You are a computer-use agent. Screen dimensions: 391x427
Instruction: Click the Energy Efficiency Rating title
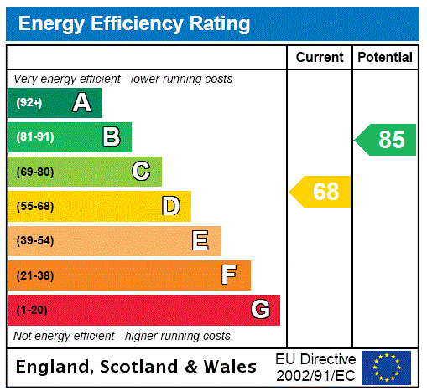click(134, 23)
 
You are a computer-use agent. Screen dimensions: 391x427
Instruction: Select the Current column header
click(320, 57)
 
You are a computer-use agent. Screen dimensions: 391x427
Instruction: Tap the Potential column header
click(385, 57)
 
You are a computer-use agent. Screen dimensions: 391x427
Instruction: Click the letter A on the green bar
click(81, 103)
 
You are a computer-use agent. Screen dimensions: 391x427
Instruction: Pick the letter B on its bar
click(111, 137)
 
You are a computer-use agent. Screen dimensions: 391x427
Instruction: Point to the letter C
click(141, 172)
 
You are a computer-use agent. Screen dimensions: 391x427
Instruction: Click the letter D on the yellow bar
click(170, 206)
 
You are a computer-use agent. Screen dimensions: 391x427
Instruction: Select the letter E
click(200, 241)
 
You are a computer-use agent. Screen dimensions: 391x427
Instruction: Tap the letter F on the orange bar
click(229, 275)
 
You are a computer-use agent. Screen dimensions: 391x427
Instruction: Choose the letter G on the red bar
click(260, 310)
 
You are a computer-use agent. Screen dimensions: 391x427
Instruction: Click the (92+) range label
click(29, 103)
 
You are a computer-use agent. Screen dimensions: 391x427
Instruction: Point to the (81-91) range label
click(34, 137)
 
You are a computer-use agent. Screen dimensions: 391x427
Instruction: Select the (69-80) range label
click(34, 172)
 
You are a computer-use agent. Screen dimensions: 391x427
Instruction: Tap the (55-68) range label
click(34, 206)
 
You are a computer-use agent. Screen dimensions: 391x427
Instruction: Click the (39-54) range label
click(34, 241)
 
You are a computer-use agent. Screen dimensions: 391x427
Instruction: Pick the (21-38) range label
click(34, 275)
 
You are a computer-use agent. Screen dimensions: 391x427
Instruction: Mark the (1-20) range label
click(32, 310)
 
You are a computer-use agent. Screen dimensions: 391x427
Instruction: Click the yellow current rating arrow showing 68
click(321, 192)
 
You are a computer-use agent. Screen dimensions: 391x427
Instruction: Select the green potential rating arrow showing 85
click(387, 140)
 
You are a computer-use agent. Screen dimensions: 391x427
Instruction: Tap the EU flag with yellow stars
click(387, 367)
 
